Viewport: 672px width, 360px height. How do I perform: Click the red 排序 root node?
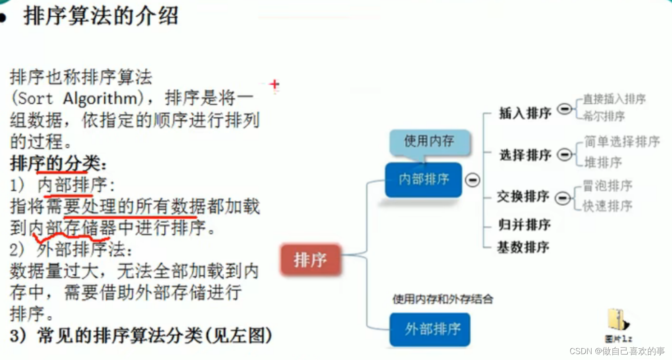coord(310,260)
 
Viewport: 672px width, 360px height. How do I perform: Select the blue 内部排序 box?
coord(423,180)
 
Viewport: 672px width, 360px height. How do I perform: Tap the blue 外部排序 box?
coord(430,329)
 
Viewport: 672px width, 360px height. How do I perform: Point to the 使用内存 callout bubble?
coord(428,141)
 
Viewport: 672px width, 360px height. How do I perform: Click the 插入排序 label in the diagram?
coord(525,113)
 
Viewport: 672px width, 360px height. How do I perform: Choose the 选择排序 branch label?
coord(525,155)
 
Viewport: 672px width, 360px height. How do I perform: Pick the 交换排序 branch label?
coord(523,197)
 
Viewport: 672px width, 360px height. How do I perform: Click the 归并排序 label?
coord(524,224)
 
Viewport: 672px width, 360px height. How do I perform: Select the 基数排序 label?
coord(523,247)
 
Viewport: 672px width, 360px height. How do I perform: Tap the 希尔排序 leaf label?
coord(604,116)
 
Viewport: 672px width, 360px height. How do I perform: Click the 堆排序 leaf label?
coord(603,162)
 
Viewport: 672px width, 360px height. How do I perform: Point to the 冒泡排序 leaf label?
coord(607,185)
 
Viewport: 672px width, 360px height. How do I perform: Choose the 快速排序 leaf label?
coord(607,206)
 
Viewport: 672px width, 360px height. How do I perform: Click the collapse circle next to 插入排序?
coord(564,109)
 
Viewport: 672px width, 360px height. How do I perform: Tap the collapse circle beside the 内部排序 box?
coord(473,180)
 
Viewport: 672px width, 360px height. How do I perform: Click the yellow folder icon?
coord(617,320)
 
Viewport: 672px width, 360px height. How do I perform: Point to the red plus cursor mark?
coord(274,84)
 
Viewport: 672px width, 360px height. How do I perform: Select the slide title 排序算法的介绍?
coord(101,17)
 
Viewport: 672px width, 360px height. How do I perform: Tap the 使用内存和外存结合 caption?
coord(442,299)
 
